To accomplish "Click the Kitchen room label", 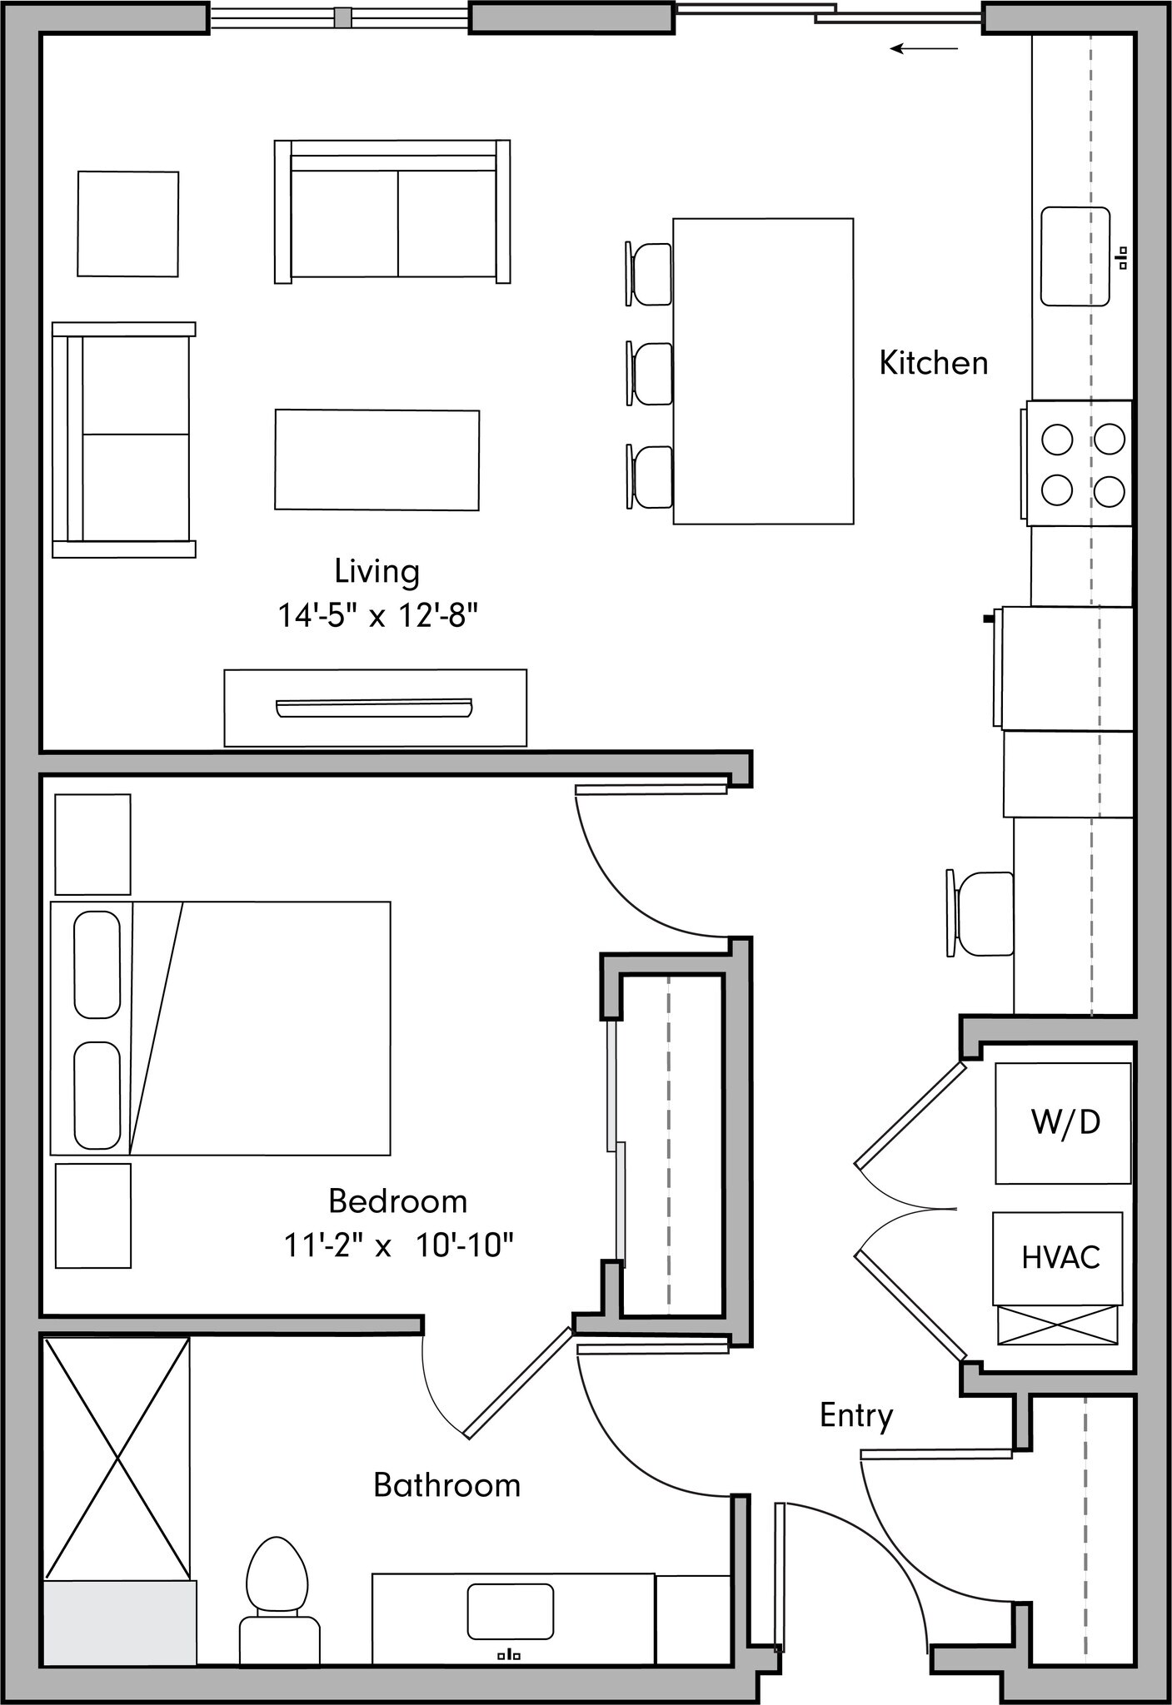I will click(x=933, y=364).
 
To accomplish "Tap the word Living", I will click(x=377, y=572).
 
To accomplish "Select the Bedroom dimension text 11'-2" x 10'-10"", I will click(x=398, y=1246).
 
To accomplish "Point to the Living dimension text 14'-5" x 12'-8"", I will click(x=377, y=616).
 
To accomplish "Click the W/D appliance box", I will click(x=1063, y=1123).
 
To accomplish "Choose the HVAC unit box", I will click(x=1057, y=1257).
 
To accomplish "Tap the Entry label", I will click(x=855, y=1415).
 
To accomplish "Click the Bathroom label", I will click(x=446, y=1485).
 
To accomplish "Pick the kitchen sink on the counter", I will click(x=1075, y=256).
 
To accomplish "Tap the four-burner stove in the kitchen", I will click(x=1080, y=464).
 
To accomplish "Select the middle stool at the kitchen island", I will click(x=651, y=374).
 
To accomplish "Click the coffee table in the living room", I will click(x=377, y=460).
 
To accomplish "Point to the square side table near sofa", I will click(x=127, y=223).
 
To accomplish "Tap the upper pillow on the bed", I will click(x=97, y=964).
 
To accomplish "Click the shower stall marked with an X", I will click(x=117, y=1458).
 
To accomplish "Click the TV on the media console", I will click(x=374, y=708).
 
